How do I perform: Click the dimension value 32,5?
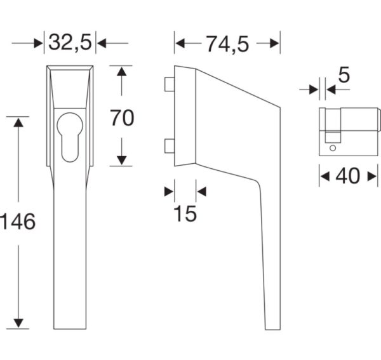(x=70, y=43)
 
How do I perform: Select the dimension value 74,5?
(x=228, y=44)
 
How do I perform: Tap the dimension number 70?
(x=122, y=118)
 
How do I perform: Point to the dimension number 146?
(x=18, y=222)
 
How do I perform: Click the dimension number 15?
(x=185, y=213)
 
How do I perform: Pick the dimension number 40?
(x=347, y=176)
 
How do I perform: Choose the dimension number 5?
(x=344, y=75)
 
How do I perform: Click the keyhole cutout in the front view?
(x=70, y=137)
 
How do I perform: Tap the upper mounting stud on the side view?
(x=170, y=84)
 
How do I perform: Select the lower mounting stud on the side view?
(x=170, y=146)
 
